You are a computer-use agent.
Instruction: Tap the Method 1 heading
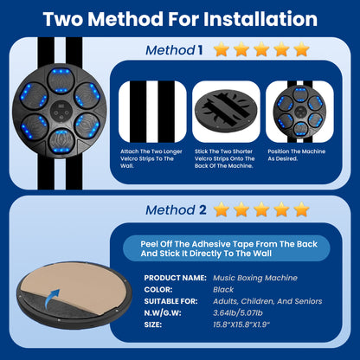[x=174, y=50]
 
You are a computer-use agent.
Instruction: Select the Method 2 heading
[x=176, y=210]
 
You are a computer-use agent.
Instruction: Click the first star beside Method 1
[x=222, y=49]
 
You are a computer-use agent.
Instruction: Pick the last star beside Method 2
[x=301, y=209]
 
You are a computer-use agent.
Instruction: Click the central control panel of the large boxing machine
[x=61, y=112]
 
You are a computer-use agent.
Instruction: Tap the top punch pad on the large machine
[x=61, y=80]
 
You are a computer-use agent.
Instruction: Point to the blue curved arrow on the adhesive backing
[x=52, y=299]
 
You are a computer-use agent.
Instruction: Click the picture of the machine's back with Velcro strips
[x=226, y=112]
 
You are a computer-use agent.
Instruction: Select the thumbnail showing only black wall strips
[x=152, y=112]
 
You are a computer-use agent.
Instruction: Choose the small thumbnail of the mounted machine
[x=299, y=112]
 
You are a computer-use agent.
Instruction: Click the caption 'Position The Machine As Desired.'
[x=296, y=155]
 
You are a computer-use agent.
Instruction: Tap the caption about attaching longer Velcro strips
[x=151, y=158]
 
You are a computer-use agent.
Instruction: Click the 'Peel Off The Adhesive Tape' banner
[x=227, y=248]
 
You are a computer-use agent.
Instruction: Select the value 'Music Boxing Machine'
[x=255, y=278]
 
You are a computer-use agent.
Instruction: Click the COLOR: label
[x=158, y=290]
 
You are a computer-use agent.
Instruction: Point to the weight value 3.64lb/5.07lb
[x=238, y=313]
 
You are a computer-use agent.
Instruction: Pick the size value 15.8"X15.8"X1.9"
[x=241, y=325]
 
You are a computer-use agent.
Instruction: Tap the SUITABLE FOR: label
[x=170, y=301]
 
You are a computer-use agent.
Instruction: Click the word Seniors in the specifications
[x=308, y=301]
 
